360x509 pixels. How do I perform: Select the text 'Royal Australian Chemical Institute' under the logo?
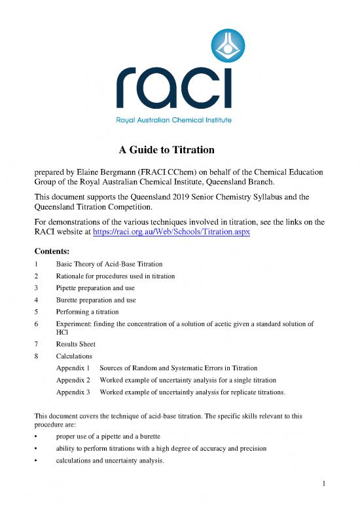pyautogui.click(x=173, y=120)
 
